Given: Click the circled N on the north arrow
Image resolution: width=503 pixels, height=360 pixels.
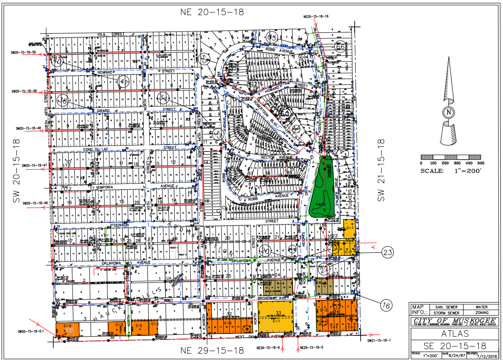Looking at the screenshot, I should pyautogui.click(x=449, y=113).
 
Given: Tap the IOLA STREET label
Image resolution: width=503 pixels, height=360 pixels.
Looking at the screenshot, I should pyautogui.click(x=111, y=34).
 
